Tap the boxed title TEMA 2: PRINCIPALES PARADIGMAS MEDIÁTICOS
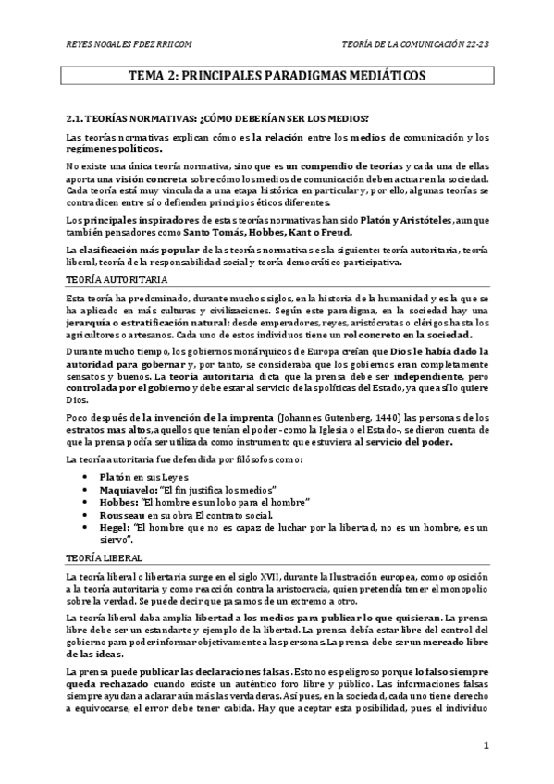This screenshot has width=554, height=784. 277,77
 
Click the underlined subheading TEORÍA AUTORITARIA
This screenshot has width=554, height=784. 104,278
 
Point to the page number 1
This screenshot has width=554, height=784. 486,744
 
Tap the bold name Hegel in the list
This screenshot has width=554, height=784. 120,527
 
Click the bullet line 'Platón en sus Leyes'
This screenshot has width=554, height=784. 148,475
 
